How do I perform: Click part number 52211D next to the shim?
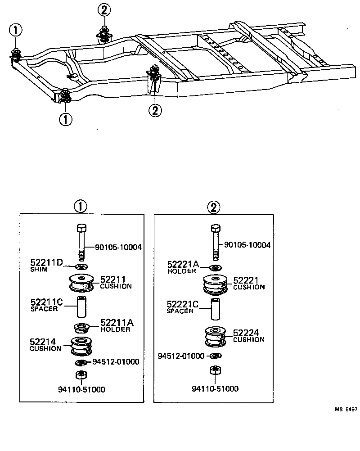46,262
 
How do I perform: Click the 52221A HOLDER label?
183,268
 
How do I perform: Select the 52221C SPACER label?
183,307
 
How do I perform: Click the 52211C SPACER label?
46,306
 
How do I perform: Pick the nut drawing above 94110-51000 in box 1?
81,374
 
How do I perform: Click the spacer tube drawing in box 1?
81,306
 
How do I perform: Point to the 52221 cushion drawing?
216,284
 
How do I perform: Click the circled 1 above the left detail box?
80,207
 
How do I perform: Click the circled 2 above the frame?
104,9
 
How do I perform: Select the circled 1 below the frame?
65,119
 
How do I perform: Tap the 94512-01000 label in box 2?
182,356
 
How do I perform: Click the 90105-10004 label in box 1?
118,247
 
